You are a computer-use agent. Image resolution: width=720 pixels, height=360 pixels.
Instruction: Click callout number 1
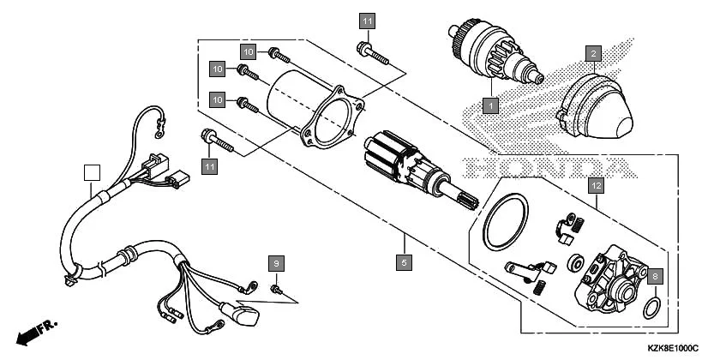click(x=490, y=106)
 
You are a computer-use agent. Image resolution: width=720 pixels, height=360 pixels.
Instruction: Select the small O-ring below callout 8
click(x=651, y=306)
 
